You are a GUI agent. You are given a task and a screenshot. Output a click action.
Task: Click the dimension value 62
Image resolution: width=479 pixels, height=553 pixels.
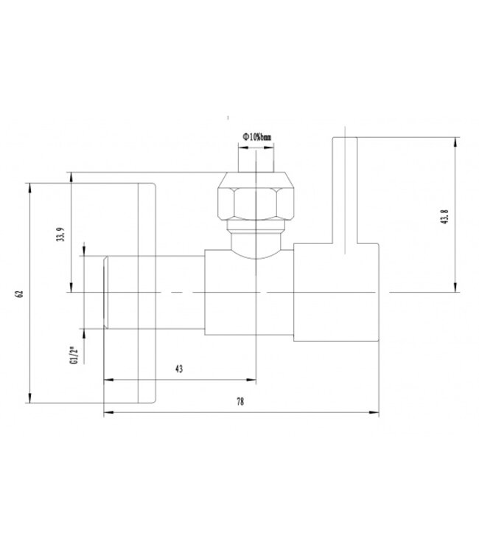(x=21, y=293)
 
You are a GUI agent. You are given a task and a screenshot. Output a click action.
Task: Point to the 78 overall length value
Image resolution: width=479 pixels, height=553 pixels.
(x=240, y=403)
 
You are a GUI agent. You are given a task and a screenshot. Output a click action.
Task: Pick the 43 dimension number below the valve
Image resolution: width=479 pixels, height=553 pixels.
(x=179, y=369)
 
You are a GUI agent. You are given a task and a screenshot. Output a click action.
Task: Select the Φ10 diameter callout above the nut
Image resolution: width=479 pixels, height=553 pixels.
(x=256, y=137)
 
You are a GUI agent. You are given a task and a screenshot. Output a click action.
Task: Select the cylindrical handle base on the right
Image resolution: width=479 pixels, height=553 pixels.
(x=336, y=293)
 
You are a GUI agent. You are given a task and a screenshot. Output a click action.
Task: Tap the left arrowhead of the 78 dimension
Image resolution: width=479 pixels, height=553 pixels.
(x=108, y=412)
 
